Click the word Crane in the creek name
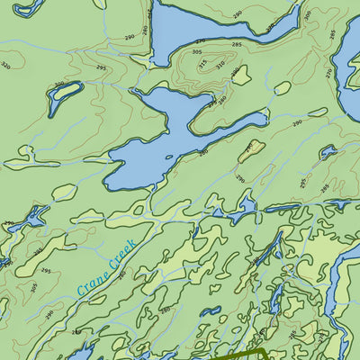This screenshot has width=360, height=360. point(93,282)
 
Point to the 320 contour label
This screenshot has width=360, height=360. point(6,66)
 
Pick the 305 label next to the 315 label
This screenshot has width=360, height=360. point(197,51)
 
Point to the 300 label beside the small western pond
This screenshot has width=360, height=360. point(59,85)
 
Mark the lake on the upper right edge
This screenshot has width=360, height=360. point(349,76)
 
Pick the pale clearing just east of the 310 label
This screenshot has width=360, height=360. point(241,75)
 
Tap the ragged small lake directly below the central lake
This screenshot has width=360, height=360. point(241,212)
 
